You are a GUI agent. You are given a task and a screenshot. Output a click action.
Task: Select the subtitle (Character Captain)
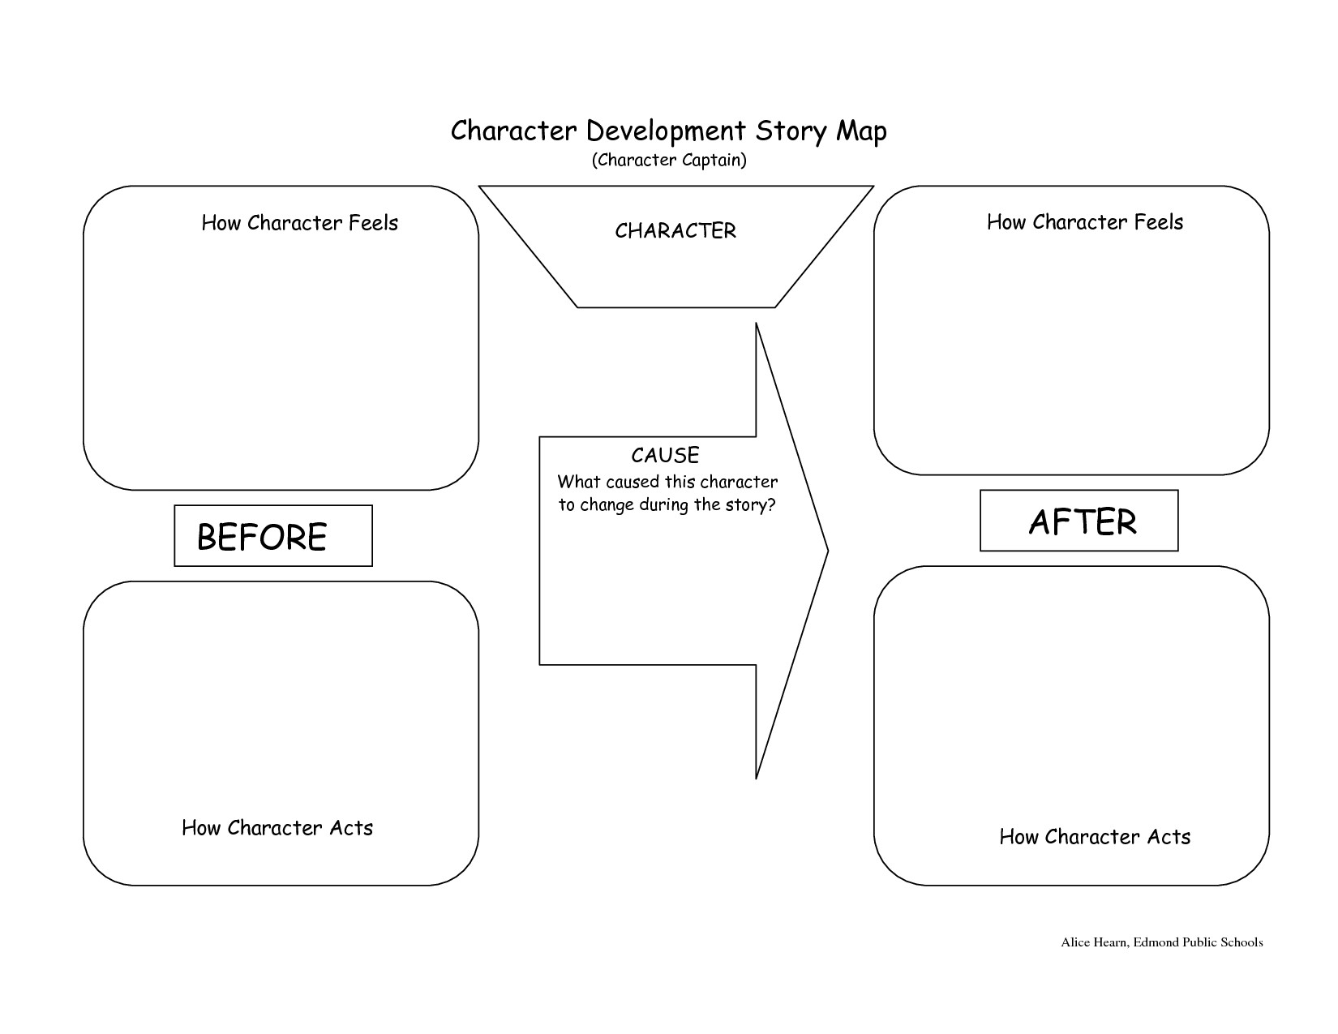[x=669, y=161]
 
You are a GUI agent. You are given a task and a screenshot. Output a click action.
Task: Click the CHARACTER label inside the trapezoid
[x=675, y=231]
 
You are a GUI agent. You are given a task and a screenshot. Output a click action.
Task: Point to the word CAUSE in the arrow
[x=665, y=455]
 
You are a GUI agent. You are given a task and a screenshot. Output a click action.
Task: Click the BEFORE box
[x=273, y=536]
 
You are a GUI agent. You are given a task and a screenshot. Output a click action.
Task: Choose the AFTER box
[x=1079, y=521]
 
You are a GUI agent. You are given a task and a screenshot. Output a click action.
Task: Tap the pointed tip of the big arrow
[x=826, y=551]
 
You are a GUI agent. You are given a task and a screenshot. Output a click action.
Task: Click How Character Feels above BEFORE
[x=299, y=223]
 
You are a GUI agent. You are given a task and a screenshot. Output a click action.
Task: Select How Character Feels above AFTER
[x=1085, y=222]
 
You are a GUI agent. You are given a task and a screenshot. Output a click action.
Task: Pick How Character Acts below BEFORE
[x=277, y=828]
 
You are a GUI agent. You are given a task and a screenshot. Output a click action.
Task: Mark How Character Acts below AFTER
[x=1095, y=837]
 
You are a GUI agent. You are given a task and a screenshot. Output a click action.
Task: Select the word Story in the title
[x=788, y=131]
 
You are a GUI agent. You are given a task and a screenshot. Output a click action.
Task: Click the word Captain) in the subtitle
[x=714, y=161]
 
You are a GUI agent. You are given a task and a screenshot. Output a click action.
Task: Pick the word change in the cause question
[x=606, y=506]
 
